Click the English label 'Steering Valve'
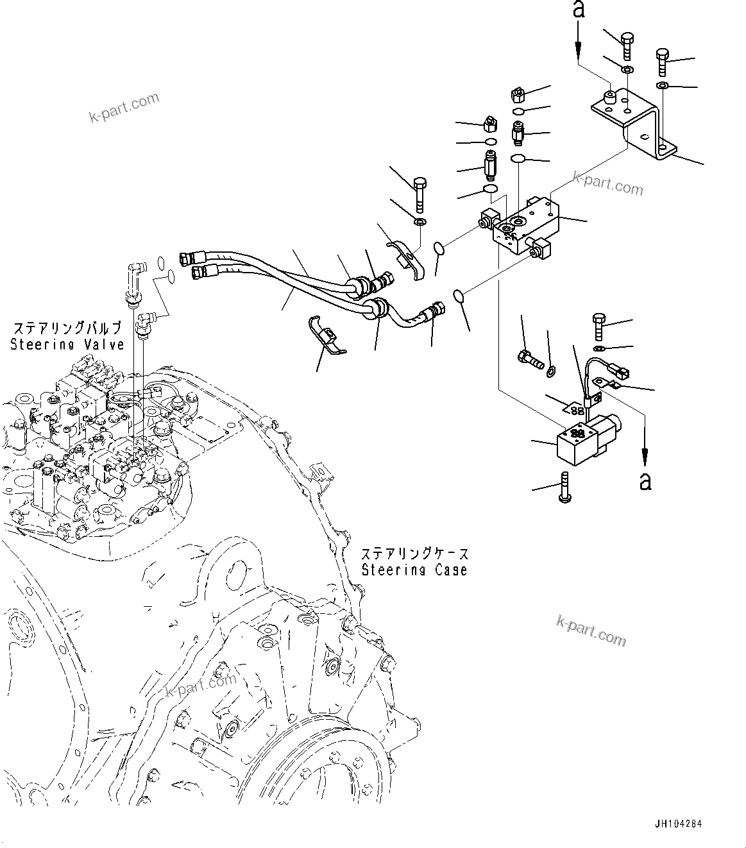67,344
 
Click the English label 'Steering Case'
414,570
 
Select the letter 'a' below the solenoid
645,480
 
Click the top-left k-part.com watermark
124,108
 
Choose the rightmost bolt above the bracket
662,63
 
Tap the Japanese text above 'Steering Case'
414,554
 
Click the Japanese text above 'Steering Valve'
67,328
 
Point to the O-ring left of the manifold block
438,248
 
